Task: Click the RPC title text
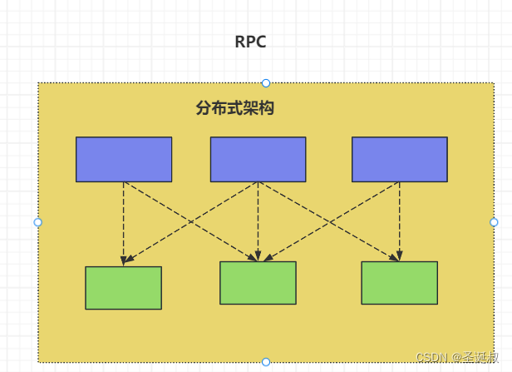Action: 250,42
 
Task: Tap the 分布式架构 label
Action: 235,108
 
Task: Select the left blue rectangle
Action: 124,159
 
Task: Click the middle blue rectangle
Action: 258,159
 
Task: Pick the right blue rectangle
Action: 399,159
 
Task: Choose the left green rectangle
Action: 123,288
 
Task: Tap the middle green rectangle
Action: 258,283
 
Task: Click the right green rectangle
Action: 399,283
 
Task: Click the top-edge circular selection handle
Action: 266,82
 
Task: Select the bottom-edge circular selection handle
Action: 266,362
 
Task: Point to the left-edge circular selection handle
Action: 37,222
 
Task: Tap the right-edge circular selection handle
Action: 494,222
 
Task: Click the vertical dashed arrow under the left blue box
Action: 124,221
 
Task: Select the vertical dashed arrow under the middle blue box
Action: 258,218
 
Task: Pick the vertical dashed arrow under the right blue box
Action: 399,218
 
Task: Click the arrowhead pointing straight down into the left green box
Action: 124,260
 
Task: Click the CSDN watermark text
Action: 432,357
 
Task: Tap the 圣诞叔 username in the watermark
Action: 482,357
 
